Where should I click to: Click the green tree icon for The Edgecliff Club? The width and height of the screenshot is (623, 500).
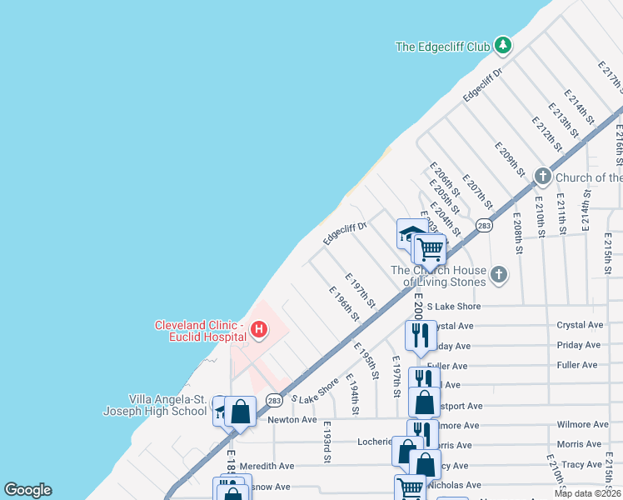[x=502, y=45]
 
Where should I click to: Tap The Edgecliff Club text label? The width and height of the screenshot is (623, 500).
[x=442, y=47]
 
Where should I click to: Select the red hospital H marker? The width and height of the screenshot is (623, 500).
[x=258, y=330]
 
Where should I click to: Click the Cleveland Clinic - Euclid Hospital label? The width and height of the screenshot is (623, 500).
[x=201, y=331]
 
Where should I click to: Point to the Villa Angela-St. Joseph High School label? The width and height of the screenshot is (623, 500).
[x=155, y=405]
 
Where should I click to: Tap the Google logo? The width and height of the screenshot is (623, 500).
[x=27, y=490]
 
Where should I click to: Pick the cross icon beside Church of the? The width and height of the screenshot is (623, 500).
[x=543, y=177]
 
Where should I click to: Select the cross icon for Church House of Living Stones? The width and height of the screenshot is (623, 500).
[x=498, y=275]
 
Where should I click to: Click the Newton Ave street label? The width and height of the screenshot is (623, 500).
[x=292, y=420]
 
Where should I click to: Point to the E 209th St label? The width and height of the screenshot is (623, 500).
[x=509, y=160]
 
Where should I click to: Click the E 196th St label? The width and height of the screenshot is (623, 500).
[x=344, y=304]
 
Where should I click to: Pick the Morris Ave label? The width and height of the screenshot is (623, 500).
[x=579, y=444]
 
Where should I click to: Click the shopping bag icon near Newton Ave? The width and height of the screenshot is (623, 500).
[x=241, y=410]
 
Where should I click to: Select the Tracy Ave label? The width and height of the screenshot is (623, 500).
[x=581, y=464]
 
